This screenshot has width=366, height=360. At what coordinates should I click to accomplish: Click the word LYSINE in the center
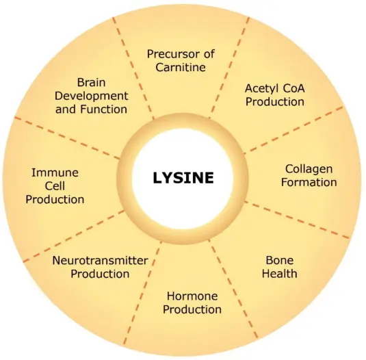(x=183, y=178)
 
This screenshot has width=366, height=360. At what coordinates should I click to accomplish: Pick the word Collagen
(x=309, y=168)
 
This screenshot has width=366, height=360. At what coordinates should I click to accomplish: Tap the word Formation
(x=309, y=182)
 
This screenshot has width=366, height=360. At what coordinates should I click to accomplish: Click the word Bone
(x=279, y=260)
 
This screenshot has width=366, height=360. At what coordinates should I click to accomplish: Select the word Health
(x=280, y=274)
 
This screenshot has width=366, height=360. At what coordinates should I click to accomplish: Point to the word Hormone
(x=192, y=296)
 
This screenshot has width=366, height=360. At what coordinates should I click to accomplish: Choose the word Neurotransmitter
(x=100, y=260)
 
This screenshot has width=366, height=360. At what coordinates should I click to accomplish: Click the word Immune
(x=55, y=172)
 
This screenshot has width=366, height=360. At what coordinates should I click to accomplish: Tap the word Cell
(x=55, y=186)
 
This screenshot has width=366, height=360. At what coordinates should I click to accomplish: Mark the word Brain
(x=91, y=82)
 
